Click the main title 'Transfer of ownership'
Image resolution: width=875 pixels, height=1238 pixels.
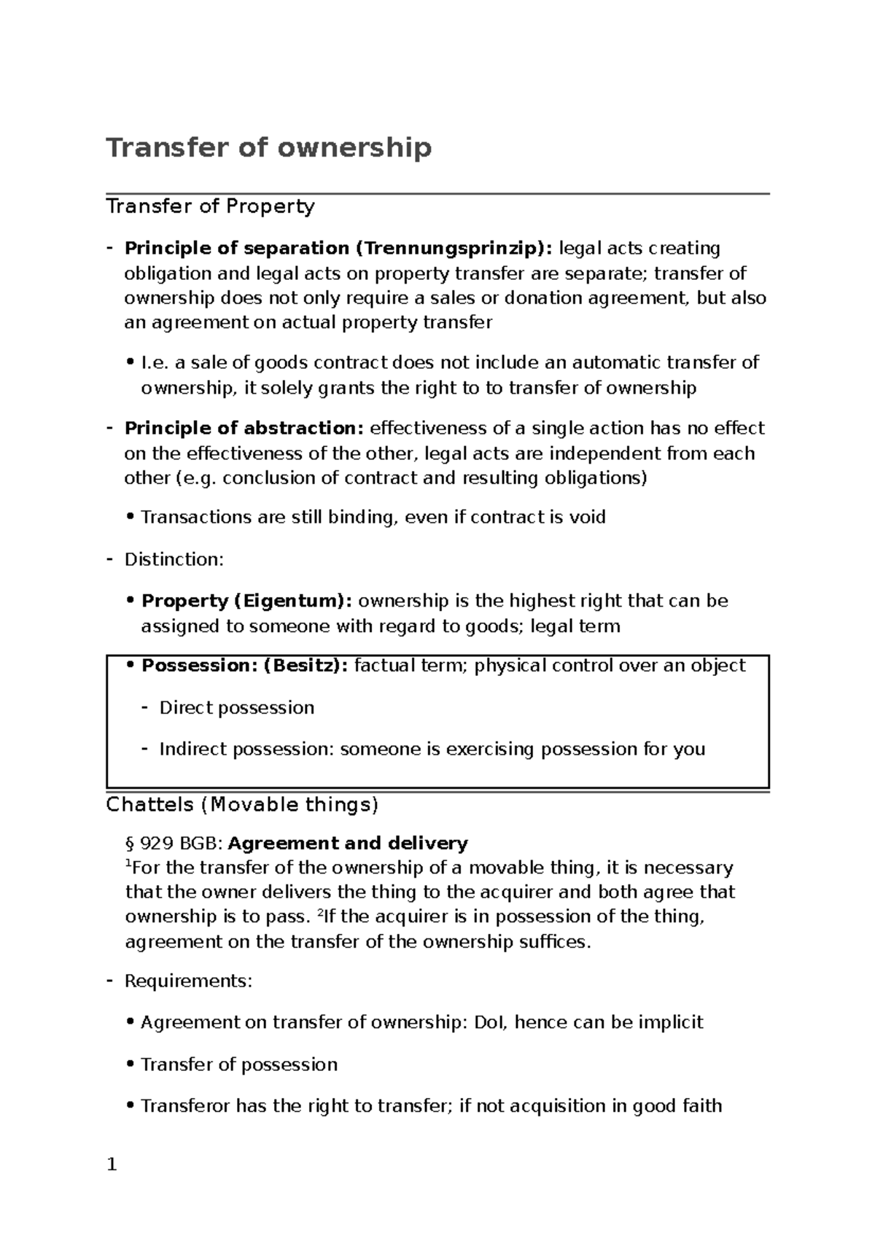[x=269, y=148]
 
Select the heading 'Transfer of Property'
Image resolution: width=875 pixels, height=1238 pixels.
[x=210, y=207]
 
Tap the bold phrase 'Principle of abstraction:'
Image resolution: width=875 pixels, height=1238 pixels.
[x=245, y=428]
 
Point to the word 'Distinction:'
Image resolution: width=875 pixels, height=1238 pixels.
[x=174, y=560]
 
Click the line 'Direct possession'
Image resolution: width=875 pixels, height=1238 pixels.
[x=236, y=708]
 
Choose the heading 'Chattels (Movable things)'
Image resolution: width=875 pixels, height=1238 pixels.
[x=242, y=805]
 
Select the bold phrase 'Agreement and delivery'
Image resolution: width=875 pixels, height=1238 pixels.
[x=348, y=844]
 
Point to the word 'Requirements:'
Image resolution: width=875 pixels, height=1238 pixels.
[x=188, y=981]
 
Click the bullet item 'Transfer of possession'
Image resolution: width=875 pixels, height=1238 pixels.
[x=238, y=1065]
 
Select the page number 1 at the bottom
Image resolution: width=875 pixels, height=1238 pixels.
[x=112, y=1165]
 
